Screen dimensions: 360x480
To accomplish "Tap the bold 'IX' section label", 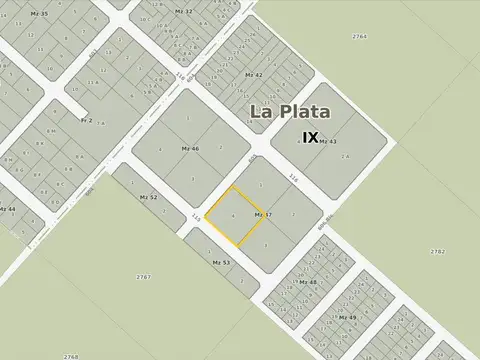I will point(310,138).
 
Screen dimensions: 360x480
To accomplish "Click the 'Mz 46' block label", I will point(190,148).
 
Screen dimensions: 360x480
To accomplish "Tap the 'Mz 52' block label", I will point(148,197).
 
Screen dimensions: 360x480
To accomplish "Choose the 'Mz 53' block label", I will point(221,262).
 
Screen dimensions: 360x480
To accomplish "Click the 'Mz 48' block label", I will point(308,283).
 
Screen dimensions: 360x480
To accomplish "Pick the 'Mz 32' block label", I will point(183,11).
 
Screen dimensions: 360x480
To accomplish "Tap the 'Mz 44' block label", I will point(7,209).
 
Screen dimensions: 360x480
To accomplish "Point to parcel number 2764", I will point(359,36).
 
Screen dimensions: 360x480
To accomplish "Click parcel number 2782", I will point(437,251).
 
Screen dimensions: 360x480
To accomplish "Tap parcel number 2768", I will point(70,356).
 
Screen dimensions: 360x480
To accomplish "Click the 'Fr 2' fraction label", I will point(86,120).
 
